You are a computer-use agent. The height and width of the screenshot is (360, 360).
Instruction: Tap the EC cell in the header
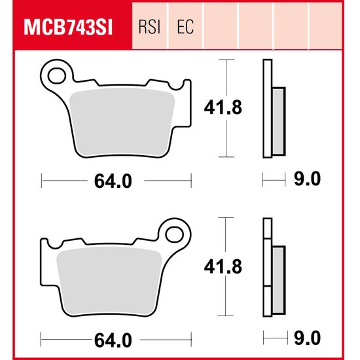[185, 27]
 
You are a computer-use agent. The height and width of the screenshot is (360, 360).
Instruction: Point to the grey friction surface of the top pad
[120, 122]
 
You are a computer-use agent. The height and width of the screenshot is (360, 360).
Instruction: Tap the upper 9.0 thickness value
[306, 179]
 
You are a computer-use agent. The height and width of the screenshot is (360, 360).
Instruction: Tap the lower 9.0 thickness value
[306, 339]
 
